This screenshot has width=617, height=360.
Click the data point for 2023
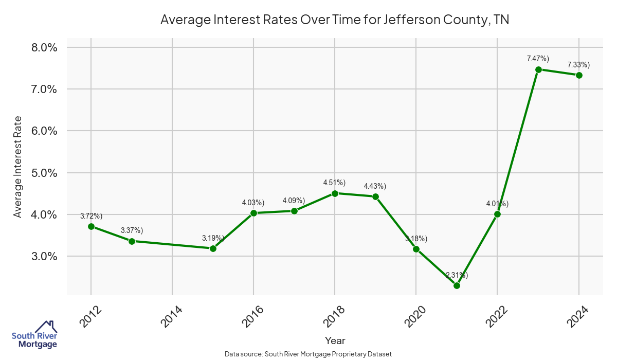[538, 69]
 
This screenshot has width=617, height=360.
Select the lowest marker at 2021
[457, 285]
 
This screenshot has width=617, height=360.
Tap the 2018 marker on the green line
[335, 193]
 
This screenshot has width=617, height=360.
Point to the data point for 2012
[91, 226]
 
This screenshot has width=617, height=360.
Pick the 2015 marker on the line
[213, 248]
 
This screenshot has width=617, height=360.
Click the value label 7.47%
[538, 59]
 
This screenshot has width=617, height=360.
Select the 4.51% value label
[334, 183]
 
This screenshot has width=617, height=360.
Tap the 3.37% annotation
[132, 230]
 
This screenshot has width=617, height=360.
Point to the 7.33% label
[578, 64]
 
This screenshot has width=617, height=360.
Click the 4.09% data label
[294, 200]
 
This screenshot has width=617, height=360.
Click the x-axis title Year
[335, 340]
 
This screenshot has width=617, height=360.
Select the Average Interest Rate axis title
[18, 167]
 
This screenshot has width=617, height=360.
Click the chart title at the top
[335, 20]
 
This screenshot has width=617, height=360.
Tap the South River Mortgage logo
[34, 334]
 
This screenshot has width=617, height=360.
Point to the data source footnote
[308, 354]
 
